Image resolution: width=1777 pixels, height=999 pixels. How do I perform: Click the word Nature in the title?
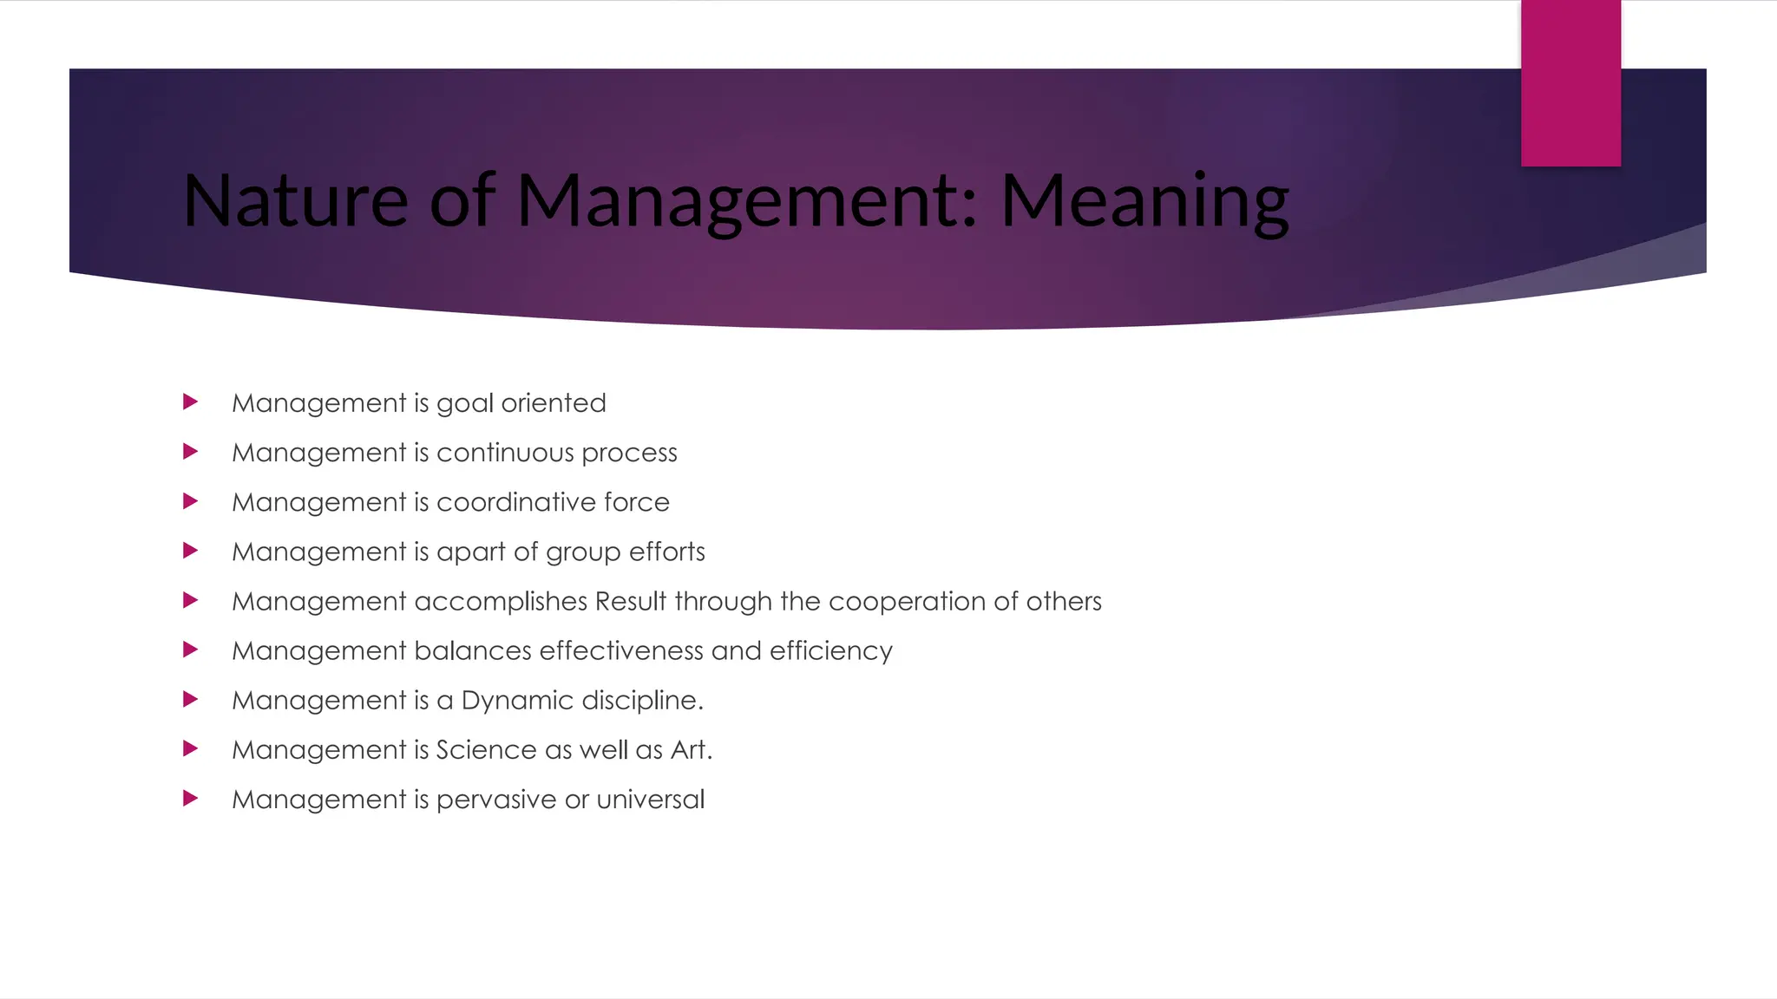tap(295, 201)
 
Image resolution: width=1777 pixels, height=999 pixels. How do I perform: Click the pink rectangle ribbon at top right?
tap(1570, 83)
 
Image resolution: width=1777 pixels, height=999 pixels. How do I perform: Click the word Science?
tap(486, 749)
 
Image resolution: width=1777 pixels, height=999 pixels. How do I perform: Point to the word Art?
tap(691, 749)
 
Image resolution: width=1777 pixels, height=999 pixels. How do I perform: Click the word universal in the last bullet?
tap(650, 799)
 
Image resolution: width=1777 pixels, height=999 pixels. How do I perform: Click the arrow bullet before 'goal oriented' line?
tap(191, 402)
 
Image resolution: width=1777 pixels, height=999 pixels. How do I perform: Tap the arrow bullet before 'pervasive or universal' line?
tap(191, 798)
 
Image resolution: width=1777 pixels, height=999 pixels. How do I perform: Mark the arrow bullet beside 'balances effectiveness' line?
tap(191, 650)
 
